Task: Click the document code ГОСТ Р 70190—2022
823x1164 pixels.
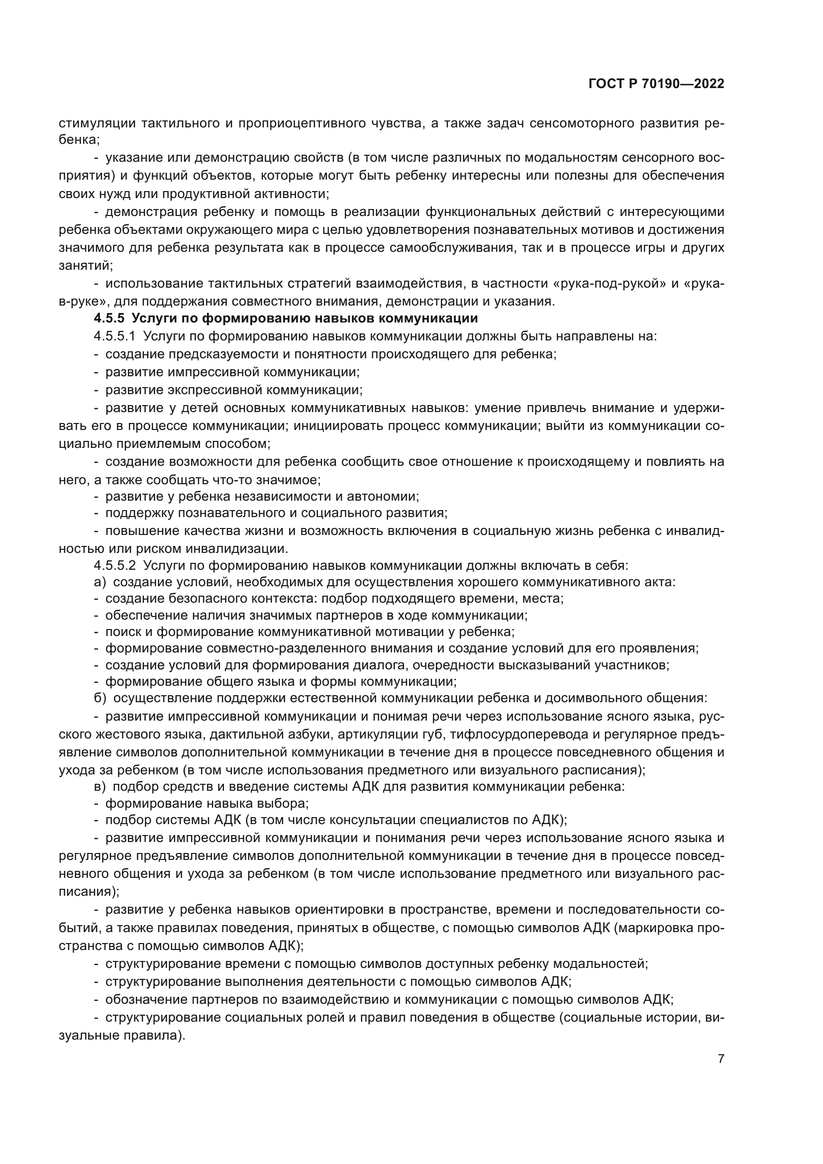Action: (x=656, y=84)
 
